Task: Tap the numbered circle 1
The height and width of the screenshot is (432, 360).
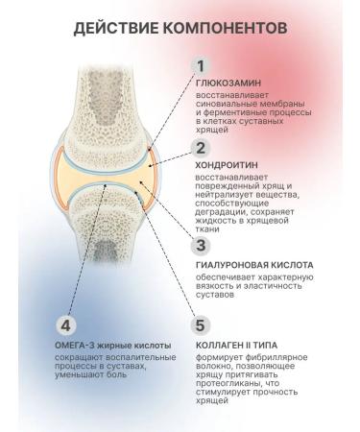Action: click(201, 66)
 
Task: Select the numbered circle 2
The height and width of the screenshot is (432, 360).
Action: click(201, 148)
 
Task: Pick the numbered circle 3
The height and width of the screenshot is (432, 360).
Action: click(201, 244)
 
